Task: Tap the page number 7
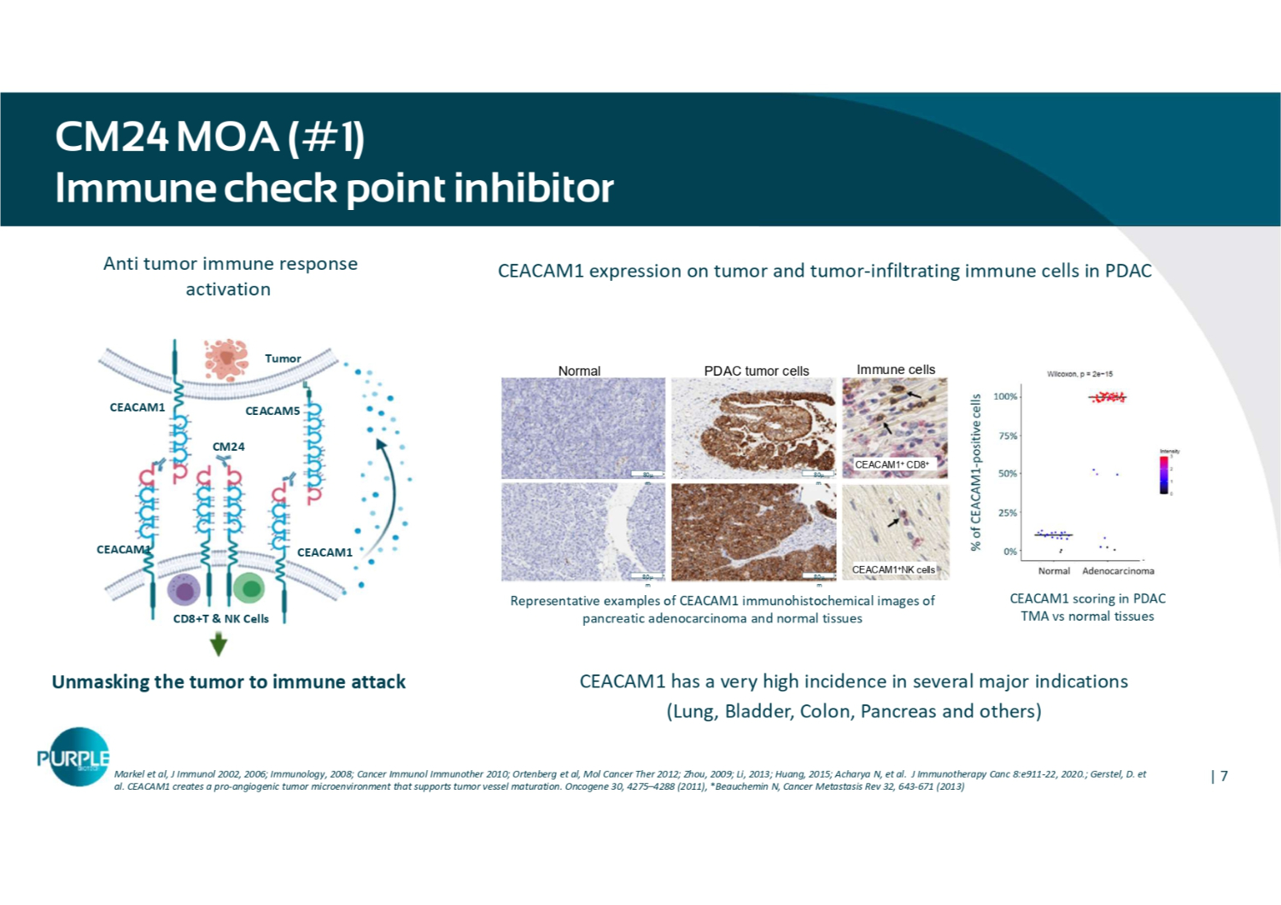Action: [x=1224, y=776]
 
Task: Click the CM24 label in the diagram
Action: [x=228, y=447]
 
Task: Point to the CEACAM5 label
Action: [x=272, y=411]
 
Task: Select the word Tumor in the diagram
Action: [x=283, y=359]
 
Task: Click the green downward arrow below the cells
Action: [x=219, y=644]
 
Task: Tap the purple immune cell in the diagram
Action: [x=184, y=589]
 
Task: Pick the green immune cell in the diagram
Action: [x=249, y=588]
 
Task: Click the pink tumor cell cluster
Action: [x=225, y=359]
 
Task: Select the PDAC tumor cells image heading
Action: [x=756, y=371]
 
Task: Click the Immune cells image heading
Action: [x=896, y=370]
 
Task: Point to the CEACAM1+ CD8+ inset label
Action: [x=892, y=464]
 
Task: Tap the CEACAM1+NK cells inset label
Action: [x=893, y=569]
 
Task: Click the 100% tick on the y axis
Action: [x=1006, y=397]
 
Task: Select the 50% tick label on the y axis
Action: [x=1008, y=473]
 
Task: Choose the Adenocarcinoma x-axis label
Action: [x=1118, y=571]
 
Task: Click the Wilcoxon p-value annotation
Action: [x=1080, y=374]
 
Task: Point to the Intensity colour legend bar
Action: [x=1163, y=474]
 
